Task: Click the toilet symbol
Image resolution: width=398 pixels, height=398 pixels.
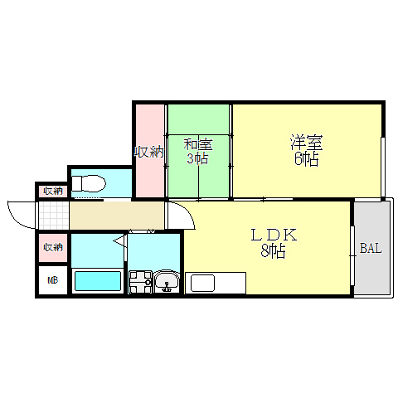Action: (x=89, y=182)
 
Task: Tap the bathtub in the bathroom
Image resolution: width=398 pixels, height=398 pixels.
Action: (x=98, y=280)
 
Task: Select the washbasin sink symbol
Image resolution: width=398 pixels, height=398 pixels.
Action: (x=167, y=282)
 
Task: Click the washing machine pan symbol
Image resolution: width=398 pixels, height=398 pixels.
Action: (x=141, y=282)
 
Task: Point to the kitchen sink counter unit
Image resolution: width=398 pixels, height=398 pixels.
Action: (x=216, y=283)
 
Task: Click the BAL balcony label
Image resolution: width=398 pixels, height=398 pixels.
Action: (x=371, y=248)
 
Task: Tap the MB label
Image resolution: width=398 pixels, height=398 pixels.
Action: (x=53, y=280)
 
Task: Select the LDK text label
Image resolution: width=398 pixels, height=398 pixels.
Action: (x=274, y=235)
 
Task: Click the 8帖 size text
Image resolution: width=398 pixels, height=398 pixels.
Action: (x=273, y=251)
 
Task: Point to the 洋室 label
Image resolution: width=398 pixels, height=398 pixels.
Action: (x=307, y=143)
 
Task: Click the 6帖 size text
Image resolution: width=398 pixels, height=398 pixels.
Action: (x=307, y=159)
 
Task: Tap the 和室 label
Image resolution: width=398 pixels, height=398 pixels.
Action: (x=198, y=144)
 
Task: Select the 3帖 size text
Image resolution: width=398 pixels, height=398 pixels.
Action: (x=197, y=158)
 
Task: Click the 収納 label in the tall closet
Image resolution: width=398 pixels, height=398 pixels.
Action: (x=149, y=152)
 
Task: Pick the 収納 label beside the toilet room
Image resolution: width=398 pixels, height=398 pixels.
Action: (x=53, y=191)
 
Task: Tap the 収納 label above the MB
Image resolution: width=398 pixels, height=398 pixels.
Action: (x=53, y=247)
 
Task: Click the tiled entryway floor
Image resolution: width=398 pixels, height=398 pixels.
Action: (x=54, y=216)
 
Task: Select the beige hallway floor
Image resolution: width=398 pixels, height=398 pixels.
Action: (x=117, y=216)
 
